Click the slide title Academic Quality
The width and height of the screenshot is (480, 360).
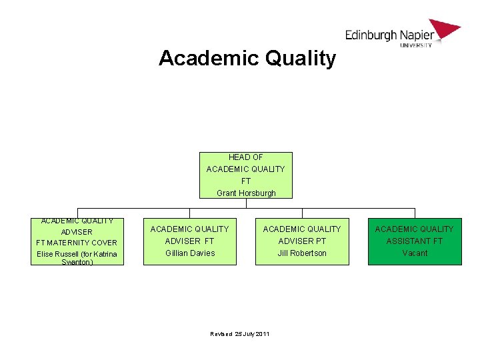[x=247, y=59]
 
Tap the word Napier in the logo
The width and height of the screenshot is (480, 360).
[x=417, y=35]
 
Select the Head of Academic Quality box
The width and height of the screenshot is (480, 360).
[x=245, y=175]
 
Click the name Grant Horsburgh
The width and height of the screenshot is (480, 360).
[x=246, y=193]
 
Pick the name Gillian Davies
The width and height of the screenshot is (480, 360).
[x=190, y=253]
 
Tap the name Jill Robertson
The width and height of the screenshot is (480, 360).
[x=302, y=253]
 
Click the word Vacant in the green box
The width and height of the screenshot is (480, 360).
[x=415, y=253]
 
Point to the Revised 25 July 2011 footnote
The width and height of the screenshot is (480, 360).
[x=239, y=333]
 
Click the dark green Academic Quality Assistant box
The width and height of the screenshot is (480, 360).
[x=415, y=241]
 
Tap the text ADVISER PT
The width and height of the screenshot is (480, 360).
[x=302, y=241]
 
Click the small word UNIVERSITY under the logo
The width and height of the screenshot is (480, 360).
[x=416, y=45]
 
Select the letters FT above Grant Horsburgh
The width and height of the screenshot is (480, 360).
[x=246, y=181]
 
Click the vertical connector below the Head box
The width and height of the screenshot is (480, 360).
[x=246, y=203]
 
